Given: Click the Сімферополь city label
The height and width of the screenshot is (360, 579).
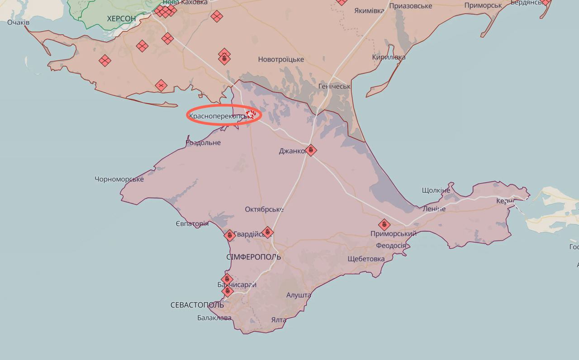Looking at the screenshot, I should pyautogui.click(x=253, y=257).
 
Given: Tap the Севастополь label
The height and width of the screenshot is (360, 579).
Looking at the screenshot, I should pyautogui.click(x=197, y=305).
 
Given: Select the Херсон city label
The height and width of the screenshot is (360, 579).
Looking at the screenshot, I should pyautogui.click(x=121, y=19).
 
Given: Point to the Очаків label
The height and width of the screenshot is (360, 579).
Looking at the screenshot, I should pyautogui.click(x=19, y=22).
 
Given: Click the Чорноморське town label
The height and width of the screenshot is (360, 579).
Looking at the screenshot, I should pyautogui.click(x=119, y=179).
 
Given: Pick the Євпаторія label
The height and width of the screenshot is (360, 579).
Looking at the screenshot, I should pyautogui.click(x=192, y=224).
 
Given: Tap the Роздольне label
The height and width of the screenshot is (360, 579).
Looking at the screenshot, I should pyautogui.click(x=203, y=143).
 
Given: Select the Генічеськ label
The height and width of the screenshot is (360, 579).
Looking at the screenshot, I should pyautogui.click(x=334, y=86).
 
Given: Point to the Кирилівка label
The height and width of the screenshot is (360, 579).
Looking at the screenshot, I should pyautogui.click(x=389, y=57).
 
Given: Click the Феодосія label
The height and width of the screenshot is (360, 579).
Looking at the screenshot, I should pyautogui.click(x=391, y=245).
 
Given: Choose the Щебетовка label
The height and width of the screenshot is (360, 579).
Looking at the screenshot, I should pyautogui.click(x=366, y=259).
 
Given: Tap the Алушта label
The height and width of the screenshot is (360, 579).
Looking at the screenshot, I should pyautogui.click(x=299, y=295).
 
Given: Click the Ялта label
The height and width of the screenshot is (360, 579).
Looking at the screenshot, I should pyautogui.click(x=279, y=320).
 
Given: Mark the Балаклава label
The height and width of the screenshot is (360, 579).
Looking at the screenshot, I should pyautogui.click(x=214, y=317).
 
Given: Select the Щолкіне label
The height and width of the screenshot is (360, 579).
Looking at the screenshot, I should pyautogui.click(x=436, y=190).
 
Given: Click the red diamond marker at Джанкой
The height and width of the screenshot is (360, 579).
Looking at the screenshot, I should pyautogui.click(x=311, y=150).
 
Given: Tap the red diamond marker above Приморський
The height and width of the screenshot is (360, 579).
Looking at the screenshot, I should pyautogui.click(x=384, y=224).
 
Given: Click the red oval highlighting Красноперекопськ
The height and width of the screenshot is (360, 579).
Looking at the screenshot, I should pyautogui.click(x=224, y=114).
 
